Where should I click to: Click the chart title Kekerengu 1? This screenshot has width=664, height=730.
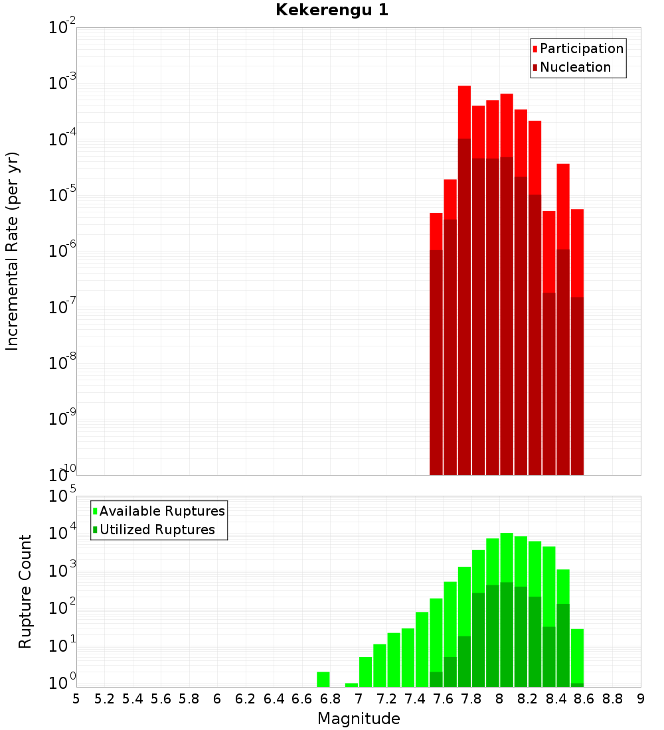click(332, 10)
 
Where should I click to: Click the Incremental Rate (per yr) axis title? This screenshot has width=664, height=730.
click(12, 251)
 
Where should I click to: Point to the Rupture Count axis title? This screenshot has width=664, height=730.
click(25, 591)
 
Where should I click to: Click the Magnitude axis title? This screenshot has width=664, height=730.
click(359, 718)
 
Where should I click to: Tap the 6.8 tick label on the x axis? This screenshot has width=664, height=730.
click(330, 699)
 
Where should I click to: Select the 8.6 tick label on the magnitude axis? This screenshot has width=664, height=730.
click(584, 699)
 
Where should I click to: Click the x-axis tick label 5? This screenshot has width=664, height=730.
click(76, 699)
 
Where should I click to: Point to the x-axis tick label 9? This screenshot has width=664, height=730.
click(641, 699)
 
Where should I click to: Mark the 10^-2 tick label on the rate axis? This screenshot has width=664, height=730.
click(62, 27)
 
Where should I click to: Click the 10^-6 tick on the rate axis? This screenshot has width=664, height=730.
click(62, 250)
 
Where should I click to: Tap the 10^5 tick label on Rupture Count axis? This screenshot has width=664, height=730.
click(62, 495)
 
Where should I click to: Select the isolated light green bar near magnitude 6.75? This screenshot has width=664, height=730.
click(323, 680)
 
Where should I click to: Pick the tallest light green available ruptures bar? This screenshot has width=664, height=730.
click(507, 557)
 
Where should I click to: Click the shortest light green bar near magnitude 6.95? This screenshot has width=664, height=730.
click(351, 685)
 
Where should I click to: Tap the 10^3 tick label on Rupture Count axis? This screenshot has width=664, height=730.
click(62, 570)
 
